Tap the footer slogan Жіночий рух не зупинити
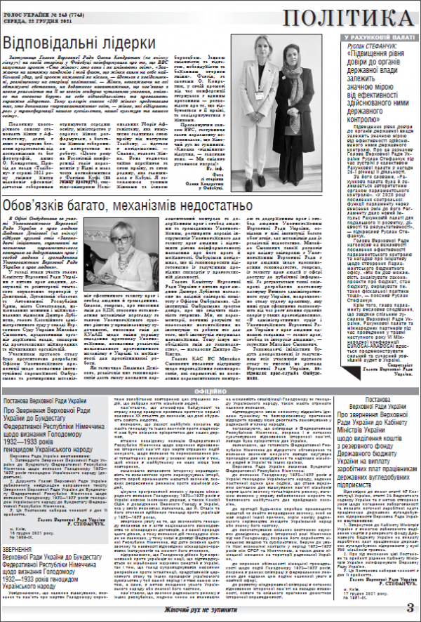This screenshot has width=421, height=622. [210, 612]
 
